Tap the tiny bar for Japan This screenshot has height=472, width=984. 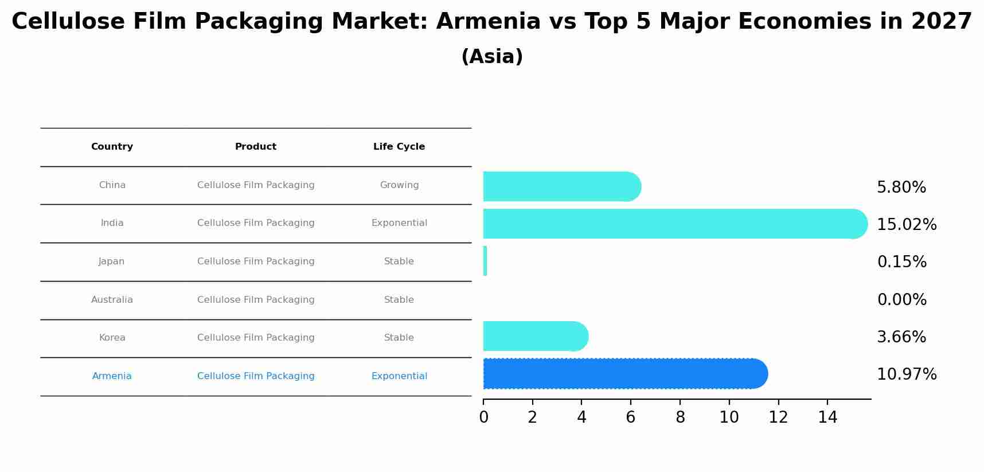(485, 261)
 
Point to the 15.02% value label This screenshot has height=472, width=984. (907, 224)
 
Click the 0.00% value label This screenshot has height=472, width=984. (901, 299)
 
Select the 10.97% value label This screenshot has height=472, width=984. (907, 374)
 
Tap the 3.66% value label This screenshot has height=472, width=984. (901, 337)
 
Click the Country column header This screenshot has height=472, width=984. (112, 147)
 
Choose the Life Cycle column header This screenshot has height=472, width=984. (399, 147)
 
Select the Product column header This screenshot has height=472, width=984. (256, 147)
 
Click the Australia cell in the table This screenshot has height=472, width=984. (112, 299)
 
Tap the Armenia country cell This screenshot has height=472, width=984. (112, 376)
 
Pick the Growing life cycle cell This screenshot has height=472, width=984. (399, 185)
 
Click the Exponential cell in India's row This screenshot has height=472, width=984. (399, 223)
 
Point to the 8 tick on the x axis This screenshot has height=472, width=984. (680, 417)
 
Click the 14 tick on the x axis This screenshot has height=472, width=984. (827, 417)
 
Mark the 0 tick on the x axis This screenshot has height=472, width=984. (483, 417)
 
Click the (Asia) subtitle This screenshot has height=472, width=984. (492, 57)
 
